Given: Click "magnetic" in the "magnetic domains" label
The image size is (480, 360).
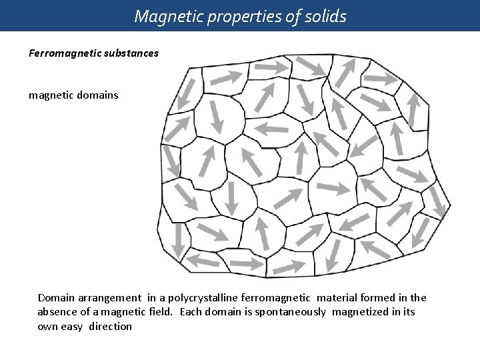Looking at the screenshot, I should click(50, 95).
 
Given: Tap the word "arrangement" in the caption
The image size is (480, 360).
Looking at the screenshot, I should click(107, 298).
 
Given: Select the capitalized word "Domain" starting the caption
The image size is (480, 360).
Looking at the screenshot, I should click(56, 298).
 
